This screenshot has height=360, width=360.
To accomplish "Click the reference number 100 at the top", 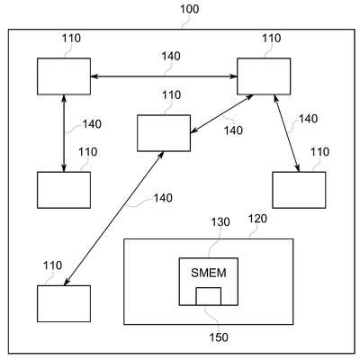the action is pyautogui.click(x=189, y=9).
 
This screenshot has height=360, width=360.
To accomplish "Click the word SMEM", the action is pyautogui.click(x=209, y=273).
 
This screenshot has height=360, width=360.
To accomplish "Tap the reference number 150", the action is pyautogui.click(x=219, y=337).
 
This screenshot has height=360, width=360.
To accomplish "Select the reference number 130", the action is pyautogui.click(x=220, y=222).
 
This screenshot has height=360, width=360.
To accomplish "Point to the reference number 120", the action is pyautogui.click(x=257, y=219).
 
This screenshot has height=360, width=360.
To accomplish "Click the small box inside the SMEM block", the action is pyautogui.click(x=209, y=296).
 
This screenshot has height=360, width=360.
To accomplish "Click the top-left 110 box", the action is pyautogui.click(x=64, y=76).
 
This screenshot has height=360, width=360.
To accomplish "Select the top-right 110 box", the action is pyautogui.click(x=264, y=76).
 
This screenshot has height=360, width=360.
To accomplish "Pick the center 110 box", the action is pyautogui.click(x=164, y=133).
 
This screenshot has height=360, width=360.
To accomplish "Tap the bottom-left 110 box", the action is pyautogui.click(x=64, y=303).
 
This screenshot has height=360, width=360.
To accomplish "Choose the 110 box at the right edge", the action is pyautogui.click(x=299, y=190).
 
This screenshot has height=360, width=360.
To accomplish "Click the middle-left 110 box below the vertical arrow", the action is pyautogui.click(x=64, y=190).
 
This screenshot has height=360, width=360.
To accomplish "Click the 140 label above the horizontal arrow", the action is pyautogui.click(x=171, y=56).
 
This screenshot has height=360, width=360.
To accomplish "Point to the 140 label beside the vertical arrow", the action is pyautogui.click(x=92, y=124).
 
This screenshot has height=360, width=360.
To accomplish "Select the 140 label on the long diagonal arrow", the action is pyautogui.click(x=163, y=198).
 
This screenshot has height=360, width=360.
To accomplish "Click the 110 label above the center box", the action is pyautogui.click(x=171, y=95).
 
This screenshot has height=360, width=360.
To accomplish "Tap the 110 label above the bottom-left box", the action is pyautogui.click(x=52, y=265).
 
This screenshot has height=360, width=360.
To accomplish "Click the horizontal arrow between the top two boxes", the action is pyautogui.click(x=164, y=76).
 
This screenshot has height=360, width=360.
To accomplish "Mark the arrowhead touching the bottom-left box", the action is pyautogui.click(x=67, y=282).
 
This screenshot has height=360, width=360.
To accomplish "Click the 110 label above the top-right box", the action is pyautogui.click(x=272, y=38).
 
